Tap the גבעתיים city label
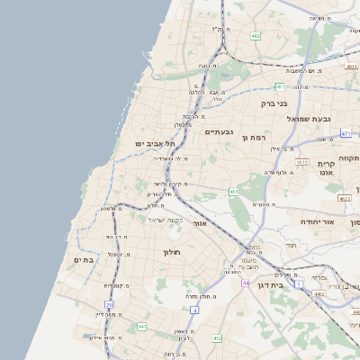point(219,132)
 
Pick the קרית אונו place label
point(325,167)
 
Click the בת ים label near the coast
point(85,259)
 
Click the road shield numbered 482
point(256,36)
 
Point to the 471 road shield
point(346,133)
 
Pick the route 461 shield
point(234,192)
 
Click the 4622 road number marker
point(345,197)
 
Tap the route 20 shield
point(110,305)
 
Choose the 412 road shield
point(216,337)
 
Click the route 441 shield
point(141,326)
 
